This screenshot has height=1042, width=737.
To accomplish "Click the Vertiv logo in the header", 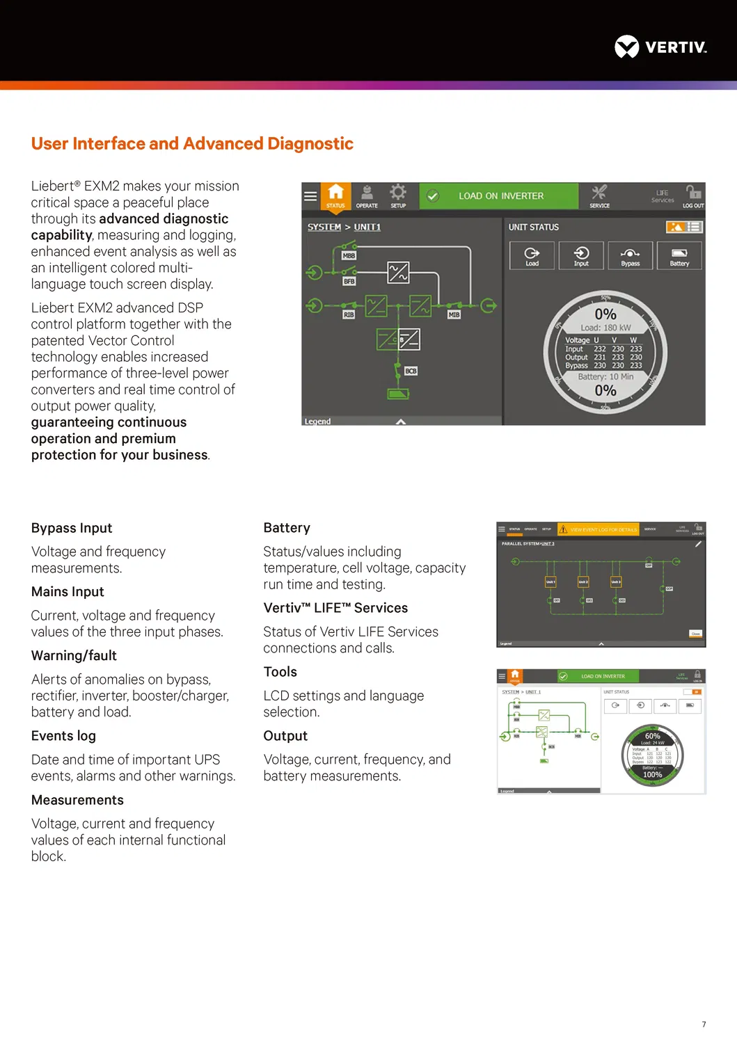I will pos(660,47).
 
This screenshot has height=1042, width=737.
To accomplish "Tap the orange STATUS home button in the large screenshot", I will pos(335,195).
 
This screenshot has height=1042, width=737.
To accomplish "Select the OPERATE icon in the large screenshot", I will pos(367,195).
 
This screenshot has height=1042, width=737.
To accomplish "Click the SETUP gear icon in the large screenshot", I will pos(398,195).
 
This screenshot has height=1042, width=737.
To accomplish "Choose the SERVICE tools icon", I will pos(599,195).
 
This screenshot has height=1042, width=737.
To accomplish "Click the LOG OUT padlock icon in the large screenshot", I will pos(693,195).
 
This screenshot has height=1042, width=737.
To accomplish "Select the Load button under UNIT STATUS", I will pos(532,255).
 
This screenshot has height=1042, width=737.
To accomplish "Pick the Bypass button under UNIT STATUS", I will pos(631,255).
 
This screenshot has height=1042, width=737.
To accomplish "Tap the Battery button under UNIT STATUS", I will pos(679,255).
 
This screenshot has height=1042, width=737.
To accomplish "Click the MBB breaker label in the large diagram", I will pos(349,255).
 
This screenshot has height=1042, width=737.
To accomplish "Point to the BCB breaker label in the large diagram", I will pos(411,371).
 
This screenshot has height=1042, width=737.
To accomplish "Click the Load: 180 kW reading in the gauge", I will pos(605,328).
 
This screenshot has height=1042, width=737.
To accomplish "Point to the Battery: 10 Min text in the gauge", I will pos(605,376).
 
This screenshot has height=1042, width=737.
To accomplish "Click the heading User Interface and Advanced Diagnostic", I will pos(192,143).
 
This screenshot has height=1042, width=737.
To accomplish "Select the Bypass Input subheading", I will pos(72,528).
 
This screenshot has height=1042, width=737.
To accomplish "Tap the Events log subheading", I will pos(63,736).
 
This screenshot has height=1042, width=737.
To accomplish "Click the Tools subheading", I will pos(280,672).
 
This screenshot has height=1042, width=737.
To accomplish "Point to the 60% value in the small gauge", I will pos(652,736).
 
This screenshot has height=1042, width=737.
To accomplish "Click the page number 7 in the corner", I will pos(704,1024).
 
